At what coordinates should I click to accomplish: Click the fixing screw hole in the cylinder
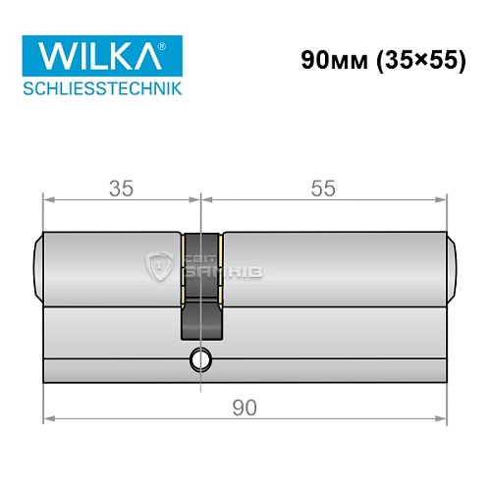pos(201,360)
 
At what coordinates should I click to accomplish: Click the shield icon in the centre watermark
pos(160,265)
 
